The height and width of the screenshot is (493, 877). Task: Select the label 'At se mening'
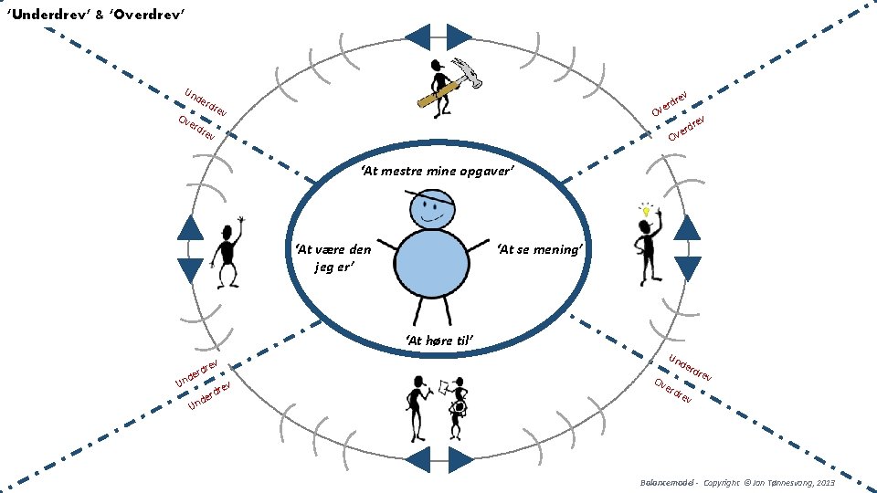[x=539, y=250]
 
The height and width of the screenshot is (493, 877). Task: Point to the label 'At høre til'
[x=438, y=341]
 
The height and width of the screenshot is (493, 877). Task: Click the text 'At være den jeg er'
[x=333, y=258]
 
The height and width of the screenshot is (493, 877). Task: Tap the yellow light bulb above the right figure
[x=646, y=211]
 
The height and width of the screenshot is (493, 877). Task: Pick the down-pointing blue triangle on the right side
[x=687, y=267]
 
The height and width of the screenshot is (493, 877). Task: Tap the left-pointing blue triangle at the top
[x=417, y=37]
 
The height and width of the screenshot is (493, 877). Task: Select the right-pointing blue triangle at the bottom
[x=460, y=460]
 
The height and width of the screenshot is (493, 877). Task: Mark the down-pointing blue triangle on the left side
[x=190, y=269]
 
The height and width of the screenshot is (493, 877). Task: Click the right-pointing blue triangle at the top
[x=460, y=37]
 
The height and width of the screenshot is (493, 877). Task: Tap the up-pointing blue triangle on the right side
[x=687, y=227]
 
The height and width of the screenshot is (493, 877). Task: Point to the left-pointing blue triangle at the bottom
[x=417, y=460]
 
